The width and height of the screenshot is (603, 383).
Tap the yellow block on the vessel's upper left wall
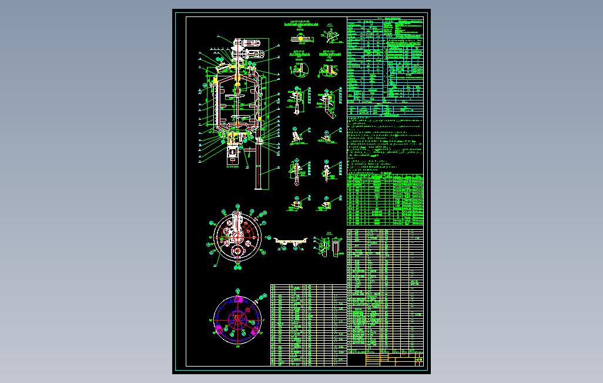tap(215, 79)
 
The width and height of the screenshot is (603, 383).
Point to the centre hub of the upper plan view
tap(236, 238)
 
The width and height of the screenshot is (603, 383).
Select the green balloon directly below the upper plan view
tap(237, 268)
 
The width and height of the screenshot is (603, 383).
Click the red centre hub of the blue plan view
tap(237, 320)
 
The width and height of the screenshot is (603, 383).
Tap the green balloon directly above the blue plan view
tap(237, 290)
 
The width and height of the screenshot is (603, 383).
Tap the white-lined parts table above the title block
tap(385, 291)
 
